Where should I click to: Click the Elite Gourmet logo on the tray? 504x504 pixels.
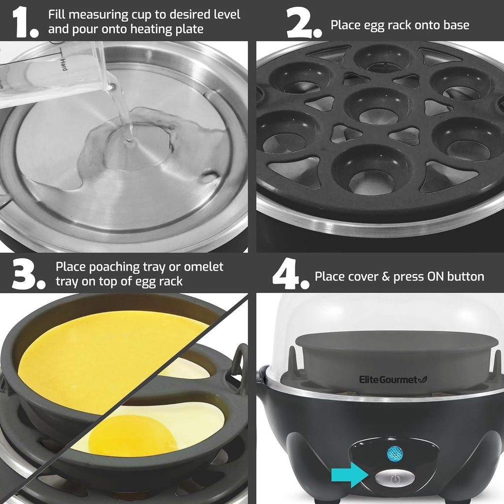(x=392, y=379)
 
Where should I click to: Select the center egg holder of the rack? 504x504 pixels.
(x=378, y=106)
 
